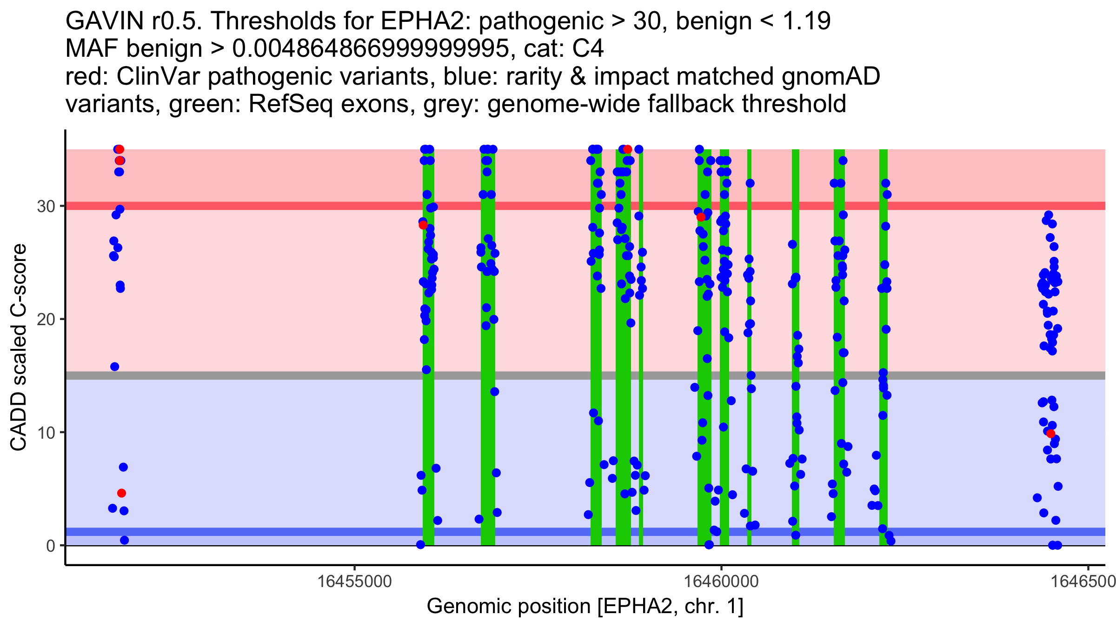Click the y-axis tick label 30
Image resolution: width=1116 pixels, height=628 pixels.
click(x=46, y=206)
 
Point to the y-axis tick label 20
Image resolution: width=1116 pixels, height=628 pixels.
click(x=46, y=320)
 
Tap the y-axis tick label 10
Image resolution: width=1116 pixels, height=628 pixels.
click(x=46, y=433)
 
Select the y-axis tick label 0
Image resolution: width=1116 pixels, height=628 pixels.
click(x=50, y=546)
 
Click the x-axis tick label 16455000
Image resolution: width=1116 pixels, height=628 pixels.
click(x=355, y=581)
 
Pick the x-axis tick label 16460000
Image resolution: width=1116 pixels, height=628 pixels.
click(x=721, y=581)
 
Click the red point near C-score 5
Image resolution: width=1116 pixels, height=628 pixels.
click(x=121, y=493)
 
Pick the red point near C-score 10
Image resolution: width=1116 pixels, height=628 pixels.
click(x=1051, y=434)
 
